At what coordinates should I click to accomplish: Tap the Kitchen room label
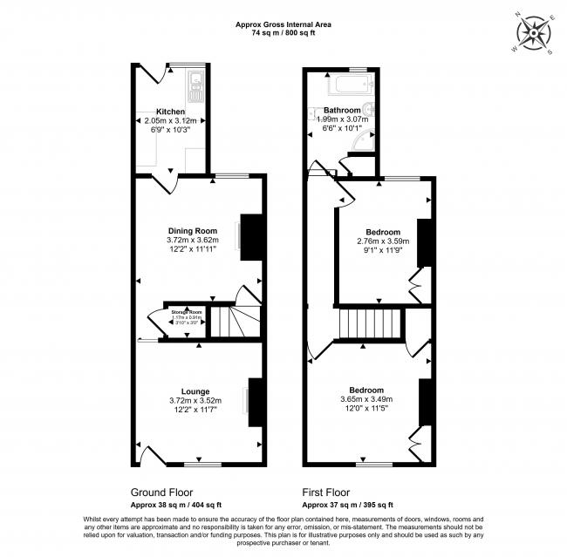point(170,112)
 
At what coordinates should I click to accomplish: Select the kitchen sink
point(196,86)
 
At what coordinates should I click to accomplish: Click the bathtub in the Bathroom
point(350,85)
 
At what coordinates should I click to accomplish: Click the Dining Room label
point(192,230)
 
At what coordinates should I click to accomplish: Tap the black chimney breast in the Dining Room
point(251,236)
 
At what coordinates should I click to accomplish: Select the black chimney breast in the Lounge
point(255,402)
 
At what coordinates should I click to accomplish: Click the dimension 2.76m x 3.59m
point(384,241)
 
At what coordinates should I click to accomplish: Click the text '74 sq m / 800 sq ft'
point(283,33)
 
